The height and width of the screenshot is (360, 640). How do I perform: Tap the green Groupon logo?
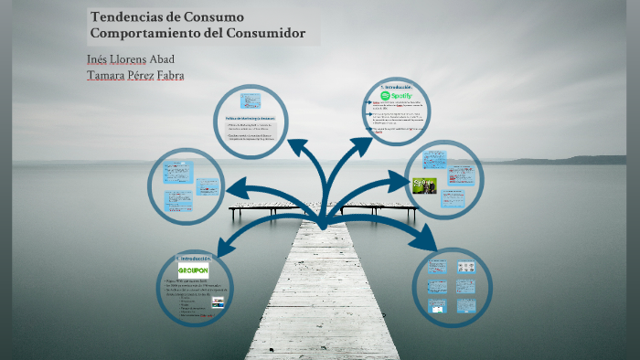(x=195, y=270)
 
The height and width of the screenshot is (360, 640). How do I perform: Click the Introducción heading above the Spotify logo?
(x=400, y=86)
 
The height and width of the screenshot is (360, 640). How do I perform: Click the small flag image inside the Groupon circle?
(x=218, y=301)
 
